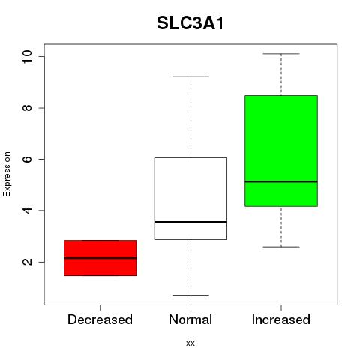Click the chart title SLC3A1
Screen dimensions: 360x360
pyautogui.click(x=190, y=23)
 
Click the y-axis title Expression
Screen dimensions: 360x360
pyautogui.click(x=7, y=174)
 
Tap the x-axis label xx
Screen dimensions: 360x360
pyautogui.click(x=190, y=343)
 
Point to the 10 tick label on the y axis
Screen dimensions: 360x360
pyautogui.click(x=27, y=56)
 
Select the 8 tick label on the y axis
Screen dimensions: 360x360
pyautogui.click(x=27, y=108)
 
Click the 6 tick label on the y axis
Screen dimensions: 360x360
pyautogui.click(x=27, y=159)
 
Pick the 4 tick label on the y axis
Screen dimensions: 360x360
pyautogui.click(x=27, y=211)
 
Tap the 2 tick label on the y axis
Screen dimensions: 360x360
pyautogui.click(x=27, y=262)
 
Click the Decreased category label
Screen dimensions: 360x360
pyautogui.click(x=100, y=319)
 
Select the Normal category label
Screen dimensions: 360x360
pyautogui.click(x=190, y=319)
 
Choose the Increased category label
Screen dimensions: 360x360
pyautogui.click(x=281, y=319)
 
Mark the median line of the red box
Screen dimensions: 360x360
pyautogui.click(x=100, y=258)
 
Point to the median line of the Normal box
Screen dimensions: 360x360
pyautogui.click(x=190, y=222)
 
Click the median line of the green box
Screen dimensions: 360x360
pyautogui.click(x=281, y=181)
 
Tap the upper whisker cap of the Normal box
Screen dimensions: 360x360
pyautogui.click(x=190, y=76)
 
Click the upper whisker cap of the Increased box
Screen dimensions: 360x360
pyautogui.click(x=281, y=54)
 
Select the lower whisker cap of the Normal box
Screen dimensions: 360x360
pyautogui.click(x=190, y=295)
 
